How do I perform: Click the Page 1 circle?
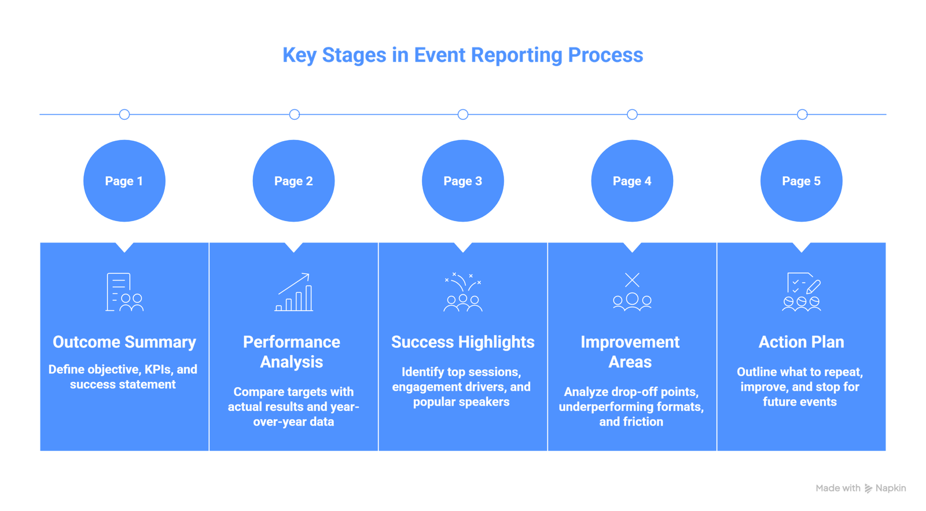pos(124,181)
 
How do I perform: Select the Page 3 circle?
pos(462,181)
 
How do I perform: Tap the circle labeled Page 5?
pos(801,181)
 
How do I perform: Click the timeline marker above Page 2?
pos(294,115)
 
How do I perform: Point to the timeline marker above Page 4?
pos(632,115)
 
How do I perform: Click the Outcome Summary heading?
pos(124,342)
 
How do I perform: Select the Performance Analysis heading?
pos(292,352)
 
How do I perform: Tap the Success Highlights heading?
pos(462,342)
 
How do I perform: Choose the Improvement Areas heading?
pos(630,352)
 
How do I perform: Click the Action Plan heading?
pos(801,342)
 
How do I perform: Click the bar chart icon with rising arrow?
pos(294,292)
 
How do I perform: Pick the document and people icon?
pos(124,292)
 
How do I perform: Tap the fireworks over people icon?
pos(462,292)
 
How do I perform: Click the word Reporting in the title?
pos(516,56)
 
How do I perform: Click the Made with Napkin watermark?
pos(861,488)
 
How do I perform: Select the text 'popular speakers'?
pos(461,402)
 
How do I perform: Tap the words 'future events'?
pos(799,402)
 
